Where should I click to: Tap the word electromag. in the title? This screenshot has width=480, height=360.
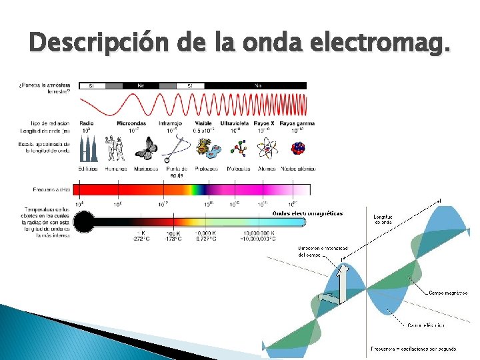point(379,44)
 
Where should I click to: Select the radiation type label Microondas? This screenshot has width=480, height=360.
point(131,123)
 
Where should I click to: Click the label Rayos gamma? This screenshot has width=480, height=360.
point(297,123)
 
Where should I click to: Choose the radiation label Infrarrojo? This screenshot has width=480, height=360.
point(170,123)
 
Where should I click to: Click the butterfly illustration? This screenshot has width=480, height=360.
point(146,149)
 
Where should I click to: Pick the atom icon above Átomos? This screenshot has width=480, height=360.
point(267,149)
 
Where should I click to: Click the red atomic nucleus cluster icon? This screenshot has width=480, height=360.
point(297,148)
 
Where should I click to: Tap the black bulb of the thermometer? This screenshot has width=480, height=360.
point(85,221)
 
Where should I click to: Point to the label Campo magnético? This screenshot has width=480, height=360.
point(447,293)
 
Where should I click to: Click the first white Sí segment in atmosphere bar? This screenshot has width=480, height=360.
point(92,85)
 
